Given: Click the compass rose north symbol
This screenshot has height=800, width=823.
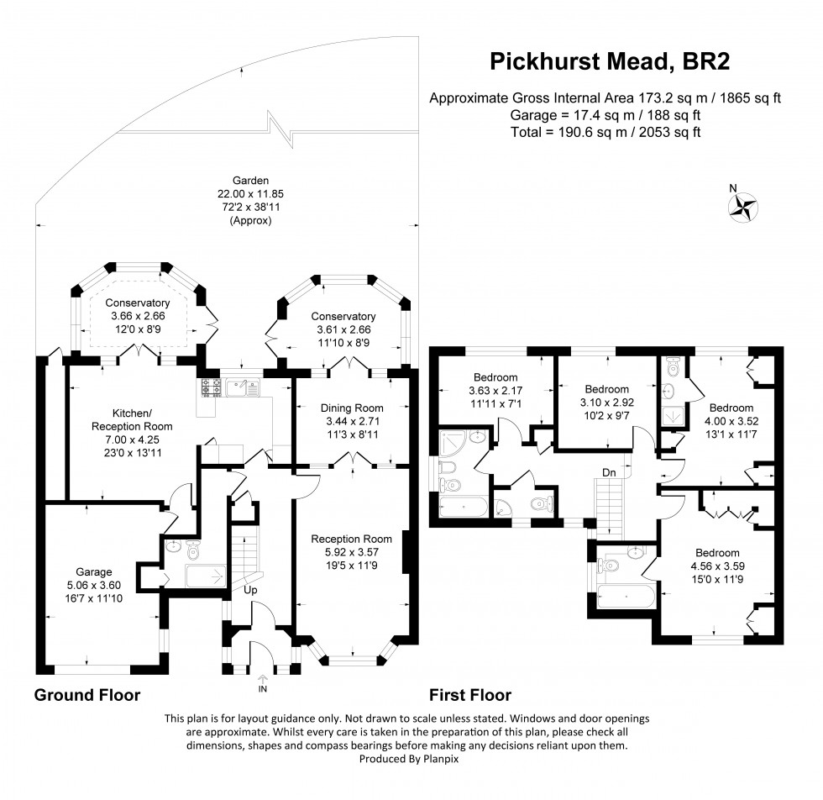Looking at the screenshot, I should coord(743,206).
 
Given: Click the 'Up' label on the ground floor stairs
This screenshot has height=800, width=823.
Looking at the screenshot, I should coord(251,590).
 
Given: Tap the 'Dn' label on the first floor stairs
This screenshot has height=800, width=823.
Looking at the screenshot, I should coord(609,474).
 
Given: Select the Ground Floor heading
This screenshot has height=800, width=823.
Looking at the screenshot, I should coord(86,696).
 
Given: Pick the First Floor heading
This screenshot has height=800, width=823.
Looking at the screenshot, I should coord(470,696).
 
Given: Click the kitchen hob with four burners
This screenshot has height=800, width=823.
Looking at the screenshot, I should coord(210,387).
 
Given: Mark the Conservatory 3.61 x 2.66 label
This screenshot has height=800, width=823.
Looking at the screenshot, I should coord(342,316).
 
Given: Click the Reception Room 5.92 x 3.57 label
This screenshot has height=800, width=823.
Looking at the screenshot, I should coord(351,539).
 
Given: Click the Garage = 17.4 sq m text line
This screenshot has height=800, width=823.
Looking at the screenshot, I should coord(605,115).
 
